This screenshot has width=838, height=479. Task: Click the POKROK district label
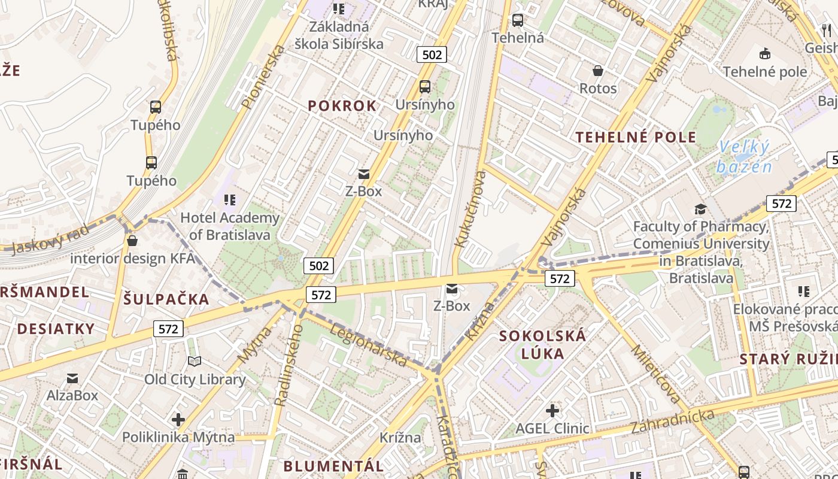point(342,106)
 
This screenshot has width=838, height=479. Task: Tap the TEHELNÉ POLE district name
point(636,137)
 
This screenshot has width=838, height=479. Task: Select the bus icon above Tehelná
point(518,20)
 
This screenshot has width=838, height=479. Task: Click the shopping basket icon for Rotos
point(597,71)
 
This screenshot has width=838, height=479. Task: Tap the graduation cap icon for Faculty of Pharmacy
point(700,209)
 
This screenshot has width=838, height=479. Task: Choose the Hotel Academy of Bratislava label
point(230,226)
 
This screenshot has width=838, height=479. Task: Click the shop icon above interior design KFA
point(132,241)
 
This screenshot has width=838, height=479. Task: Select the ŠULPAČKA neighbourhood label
point(166,299)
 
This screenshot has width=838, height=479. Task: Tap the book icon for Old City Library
point(195,361)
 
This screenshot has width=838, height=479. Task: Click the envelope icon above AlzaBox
point(72,378)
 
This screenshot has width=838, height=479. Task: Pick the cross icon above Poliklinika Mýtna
point(178,419)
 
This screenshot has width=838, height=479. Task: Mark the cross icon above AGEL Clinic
point(552,411)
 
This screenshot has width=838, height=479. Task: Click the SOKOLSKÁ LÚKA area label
point(543,344)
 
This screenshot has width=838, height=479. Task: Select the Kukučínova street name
point(469,209)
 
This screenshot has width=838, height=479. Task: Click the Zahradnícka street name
point(672,422)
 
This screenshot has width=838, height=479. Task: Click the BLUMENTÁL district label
point(333,466)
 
